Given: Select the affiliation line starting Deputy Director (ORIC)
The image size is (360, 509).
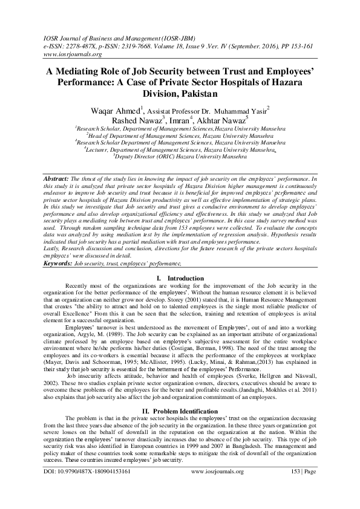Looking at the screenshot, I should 182,156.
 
